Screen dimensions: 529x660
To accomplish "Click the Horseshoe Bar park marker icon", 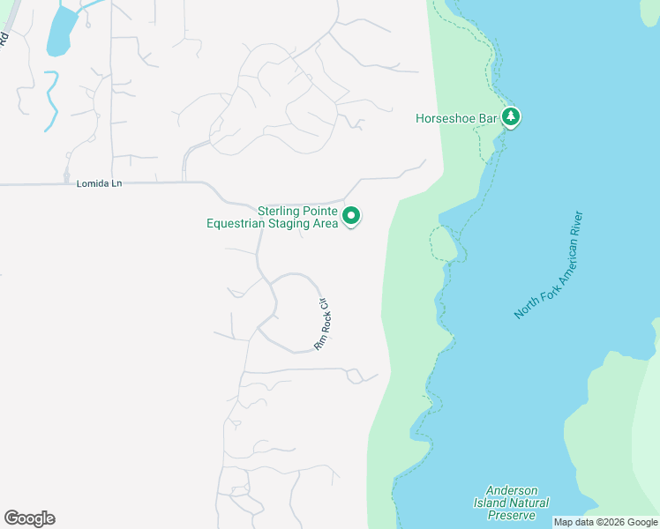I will (x=511, y=116).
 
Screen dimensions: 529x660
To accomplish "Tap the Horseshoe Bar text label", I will (x=456, y=117).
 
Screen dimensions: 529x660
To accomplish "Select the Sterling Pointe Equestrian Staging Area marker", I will (x=351, y=216).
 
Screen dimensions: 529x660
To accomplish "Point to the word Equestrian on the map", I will (x=238, y=224).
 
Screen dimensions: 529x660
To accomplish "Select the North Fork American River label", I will (x=551, y=264).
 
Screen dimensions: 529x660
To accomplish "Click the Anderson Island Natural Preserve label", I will (x=517, y=503).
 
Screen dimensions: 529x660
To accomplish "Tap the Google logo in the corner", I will (x=29, y=518).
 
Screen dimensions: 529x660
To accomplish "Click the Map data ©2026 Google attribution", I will (x=605, y=522).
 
